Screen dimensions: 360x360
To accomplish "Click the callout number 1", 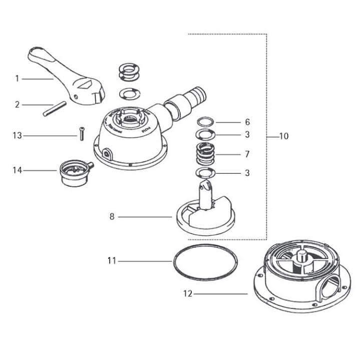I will [x=17, y=79].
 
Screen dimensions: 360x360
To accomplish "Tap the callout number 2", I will [x=17, y=105].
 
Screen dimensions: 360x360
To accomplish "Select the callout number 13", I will [x=18, y=136].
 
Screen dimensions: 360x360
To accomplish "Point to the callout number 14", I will [x=18, y=170].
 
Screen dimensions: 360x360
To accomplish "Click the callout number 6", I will [x=247, y=122].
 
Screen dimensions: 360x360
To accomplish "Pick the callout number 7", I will [x=247, y=154].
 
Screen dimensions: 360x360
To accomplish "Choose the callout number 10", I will [x=284, y=136].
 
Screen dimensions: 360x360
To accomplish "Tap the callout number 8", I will [x=112, y=217].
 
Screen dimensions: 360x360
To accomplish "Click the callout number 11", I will [x=112, y=260].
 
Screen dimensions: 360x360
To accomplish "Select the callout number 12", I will [x=188, y=294].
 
